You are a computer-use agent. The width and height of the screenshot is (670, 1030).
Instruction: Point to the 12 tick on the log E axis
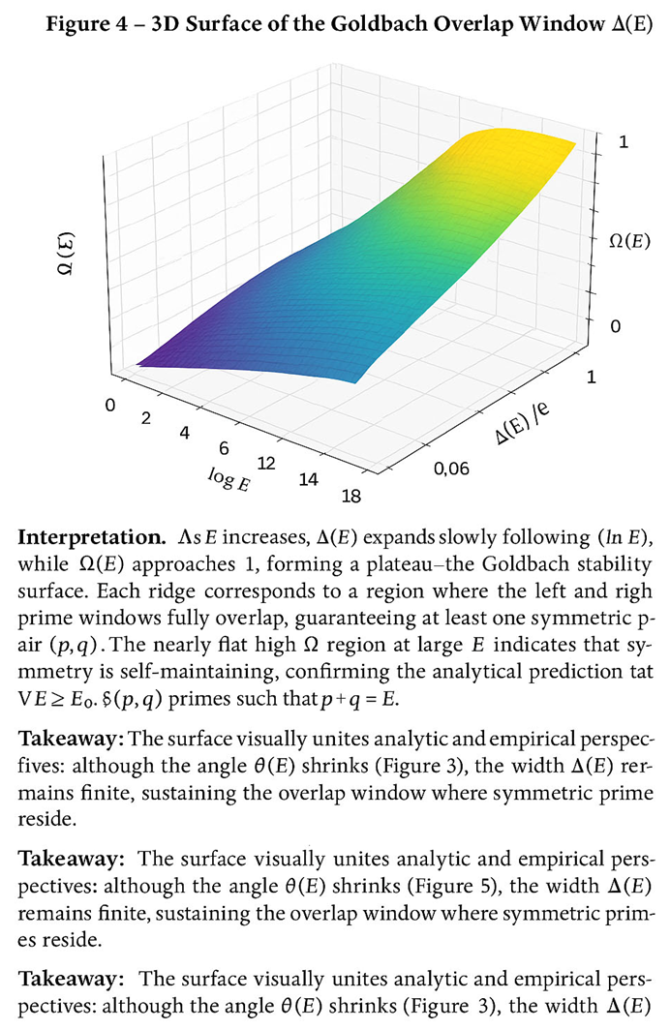point(264,464)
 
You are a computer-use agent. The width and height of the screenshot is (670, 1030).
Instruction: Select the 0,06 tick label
point(450,470)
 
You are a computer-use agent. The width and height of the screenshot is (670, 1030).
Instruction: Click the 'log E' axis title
point(228,478)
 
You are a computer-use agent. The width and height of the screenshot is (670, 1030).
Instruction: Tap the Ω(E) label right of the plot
point(629,242)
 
